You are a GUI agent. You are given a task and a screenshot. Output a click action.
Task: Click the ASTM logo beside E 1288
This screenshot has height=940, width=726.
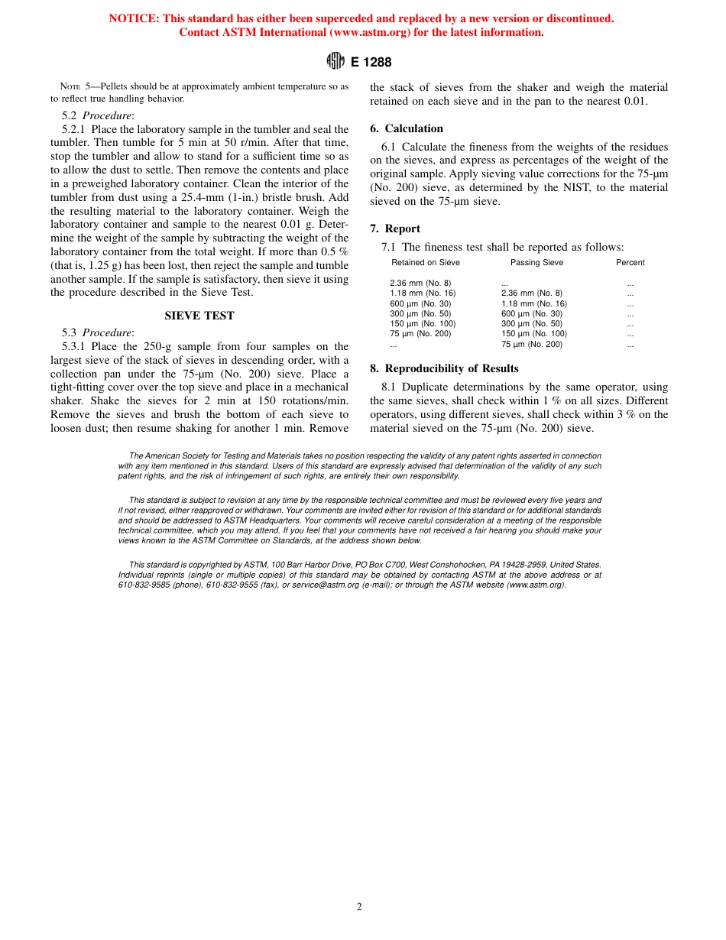pos(335,62)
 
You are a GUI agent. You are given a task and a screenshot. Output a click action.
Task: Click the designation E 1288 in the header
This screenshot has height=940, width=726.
pos(371,63)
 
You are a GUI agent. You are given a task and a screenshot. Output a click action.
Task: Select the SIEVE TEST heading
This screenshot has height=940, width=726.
pos(199,316)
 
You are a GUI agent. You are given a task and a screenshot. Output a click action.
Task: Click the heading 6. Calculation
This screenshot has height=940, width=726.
pos(407,128)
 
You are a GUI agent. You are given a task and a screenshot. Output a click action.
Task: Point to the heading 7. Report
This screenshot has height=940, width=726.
pos(395,229)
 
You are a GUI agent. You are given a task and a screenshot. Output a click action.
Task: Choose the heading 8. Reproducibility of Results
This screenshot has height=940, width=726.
pos(444,368)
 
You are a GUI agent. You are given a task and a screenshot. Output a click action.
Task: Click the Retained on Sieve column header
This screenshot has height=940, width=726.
pos(426,263)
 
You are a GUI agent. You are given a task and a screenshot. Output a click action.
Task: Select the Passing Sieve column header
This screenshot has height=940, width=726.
pos(536,263)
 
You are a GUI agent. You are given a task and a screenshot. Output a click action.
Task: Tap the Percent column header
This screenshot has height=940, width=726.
pos(630,263)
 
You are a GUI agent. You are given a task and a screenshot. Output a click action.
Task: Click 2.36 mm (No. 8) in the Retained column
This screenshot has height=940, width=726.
pos(420,284)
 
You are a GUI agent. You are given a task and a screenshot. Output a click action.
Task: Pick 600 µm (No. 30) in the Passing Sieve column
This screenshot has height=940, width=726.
pos(531,314)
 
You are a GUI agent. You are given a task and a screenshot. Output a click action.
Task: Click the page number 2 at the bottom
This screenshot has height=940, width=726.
pos(359,907)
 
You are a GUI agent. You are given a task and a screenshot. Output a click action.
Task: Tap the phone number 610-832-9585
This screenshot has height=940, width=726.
pos(142,585)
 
